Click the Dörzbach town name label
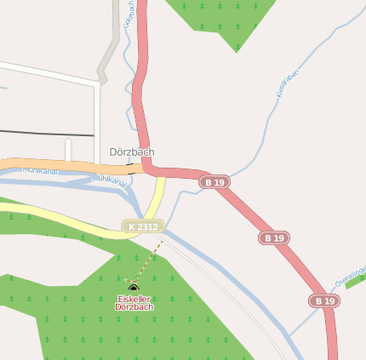click(x=132, y=152)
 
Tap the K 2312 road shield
click(x=142, y=226)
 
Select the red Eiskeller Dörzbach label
click(x=134, y=303)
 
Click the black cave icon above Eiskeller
click(x=134, y=289)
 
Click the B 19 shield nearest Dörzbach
click(x=214, y=182)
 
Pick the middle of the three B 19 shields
click(x=274, y=238)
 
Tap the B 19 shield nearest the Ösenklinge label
click(x=323, y=301)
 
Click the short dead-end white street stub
click(x=68, y=150)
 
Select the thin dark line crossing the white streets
click(x=43, y=134)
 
